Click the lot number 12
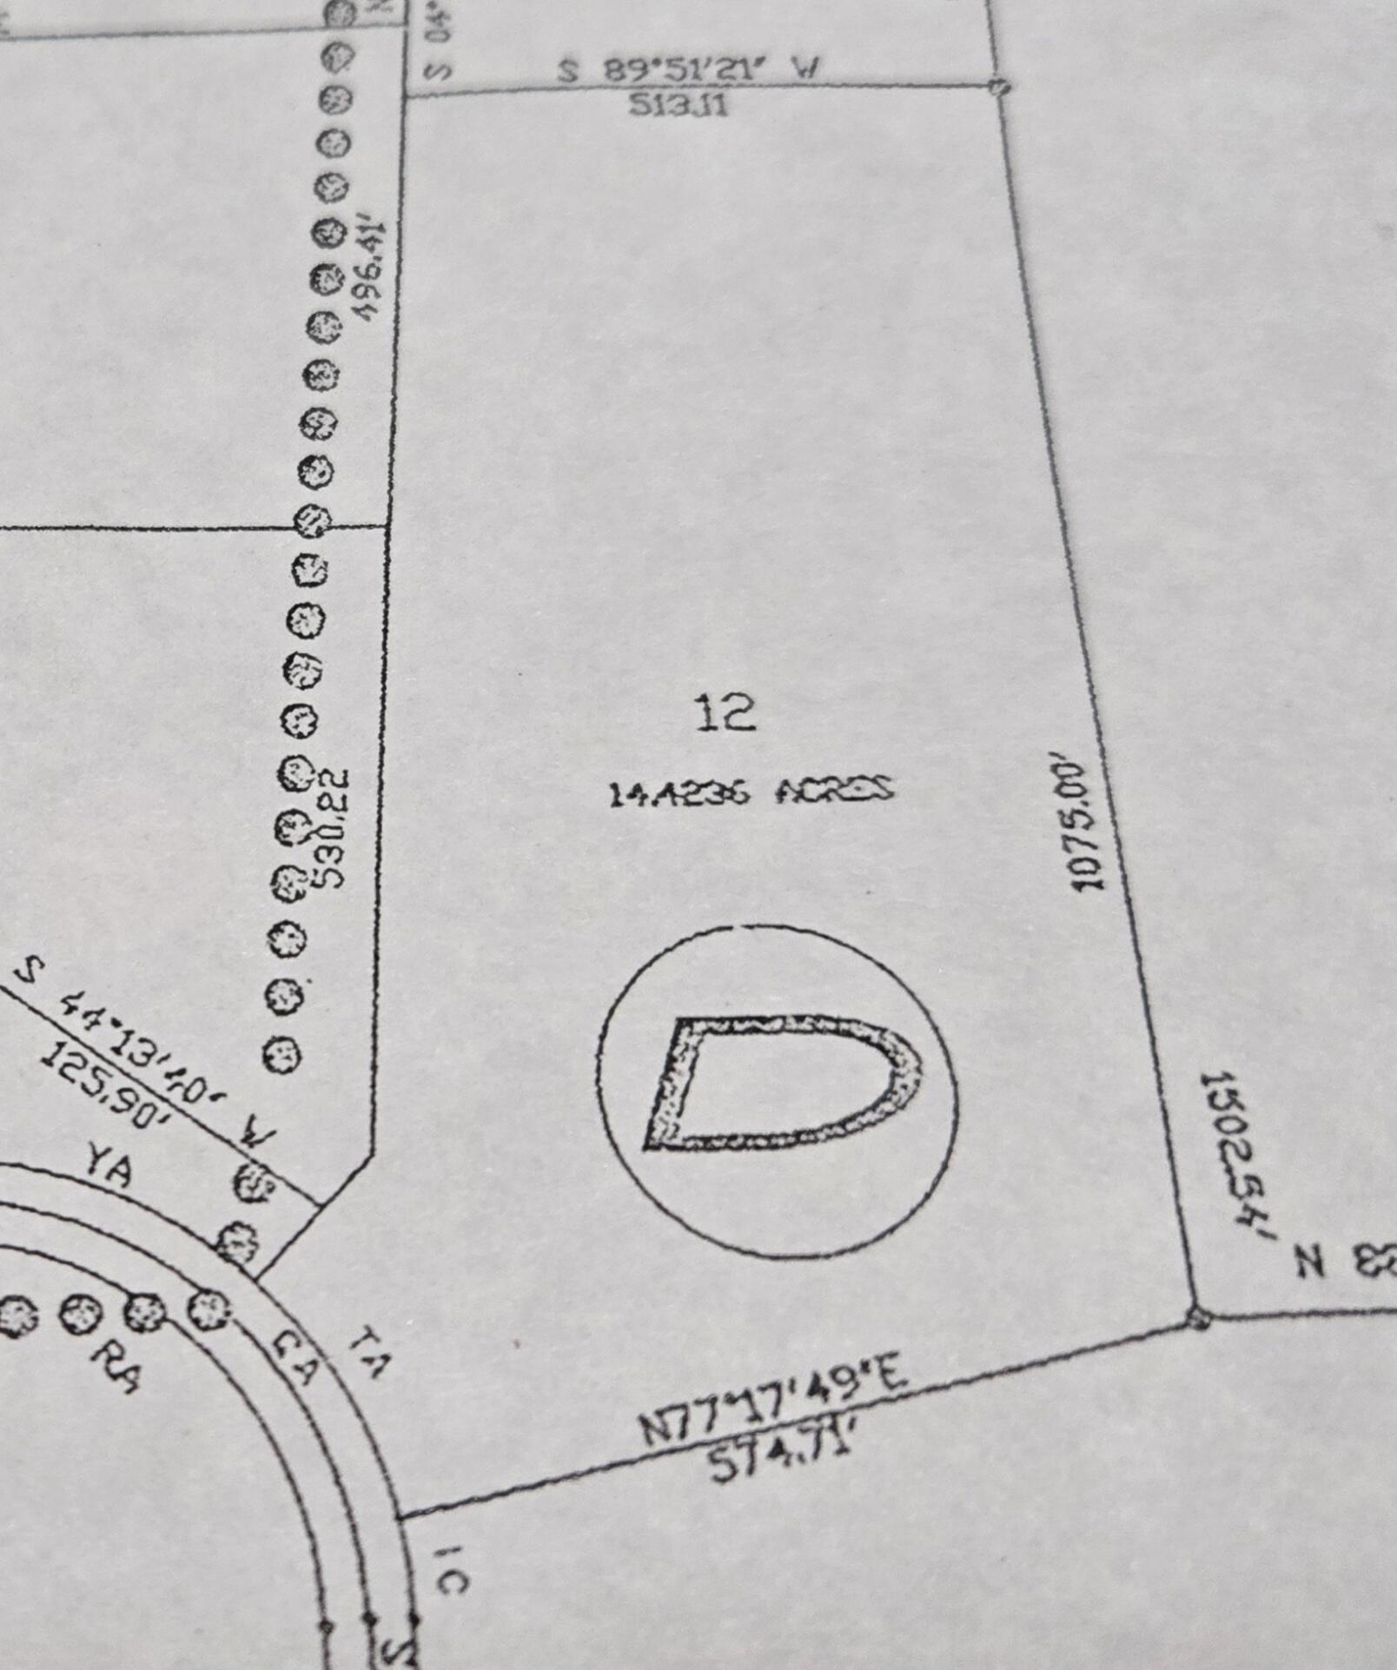coord(725,712)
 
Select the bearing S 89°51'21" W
coord(688,70)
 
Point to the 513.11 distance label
coord(679,106)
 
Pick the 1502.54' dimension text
coord(1235,1156)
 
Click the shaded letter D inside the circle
coord(778,1083)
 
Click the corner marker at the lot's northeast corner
coord(999,86)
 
